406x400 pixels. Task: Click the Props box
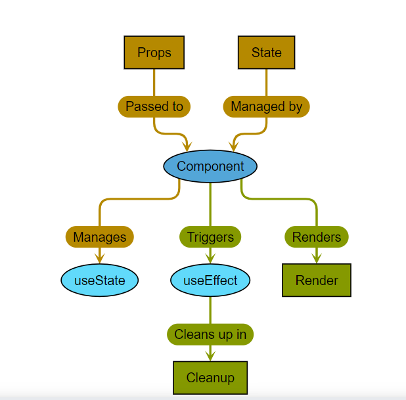click(x=154, y=53)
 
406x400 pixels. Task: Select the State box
click(x=266, y=53)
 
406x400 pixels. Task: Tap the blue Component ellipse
click(x=210, y=166)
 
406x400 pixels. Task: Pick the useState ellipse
click(x=100, y=280)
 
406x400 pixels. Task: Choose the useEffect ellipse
click(x=210, y=280)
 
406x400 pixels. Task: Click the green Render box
click(x=317, y=280)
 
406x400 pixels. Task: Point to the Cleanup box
click(x=210, y=378)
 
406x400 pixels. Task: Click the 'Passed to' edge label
click(x=154, y=106)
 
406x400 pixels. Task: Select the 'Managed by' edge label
click(x=266, y=106)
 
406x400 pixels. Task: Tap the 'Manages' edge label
click(x=100, y=236)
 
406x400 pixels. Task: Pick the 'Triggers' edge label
click(x=210, y=236)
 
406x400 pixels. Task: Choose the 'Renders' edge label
click(x=317, y=236)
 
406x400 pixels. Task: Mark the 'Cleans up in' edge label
click(x=210, y=334)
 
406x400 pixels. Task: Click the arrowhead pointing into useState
click(x=100, y=259)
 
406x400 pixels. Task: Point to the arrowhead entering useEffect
click(x=210, y=259)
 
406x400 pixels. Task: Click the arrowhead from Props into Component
click(x=187, y=145)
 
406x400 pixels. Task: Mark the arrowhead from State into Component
click(x=233, y=145)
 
